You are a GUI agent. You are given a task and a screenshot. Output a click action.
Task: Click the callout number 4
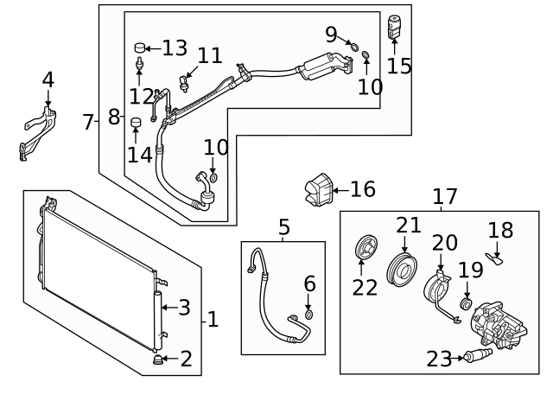coord(48,79)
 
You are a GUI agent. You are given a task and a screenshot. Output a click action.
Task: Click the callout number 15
coord(399,66)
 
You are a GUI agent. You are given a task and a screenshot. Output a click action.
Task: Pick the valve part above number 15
coord(395,25)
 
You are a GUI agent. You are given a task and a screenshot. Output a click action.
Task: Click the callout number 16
coord(363,188)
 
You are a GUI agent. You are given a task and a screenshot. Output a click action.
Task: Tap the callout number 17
coord(445,197)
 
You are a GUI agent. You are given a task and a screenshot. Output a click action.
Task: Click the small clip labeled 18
coord(496,257)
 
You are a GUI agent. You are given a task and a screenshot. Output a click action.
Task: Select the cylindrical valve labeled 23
coord(474,356)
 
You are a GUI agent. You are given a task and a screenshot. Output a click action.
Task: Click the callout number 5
coord(284,227)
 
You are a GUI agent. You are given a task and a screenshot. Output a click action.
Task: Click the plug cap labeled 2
coord(158,359)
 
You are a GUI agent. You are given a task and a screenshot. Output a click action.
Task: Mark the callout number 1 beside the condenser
coord(213,320)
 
